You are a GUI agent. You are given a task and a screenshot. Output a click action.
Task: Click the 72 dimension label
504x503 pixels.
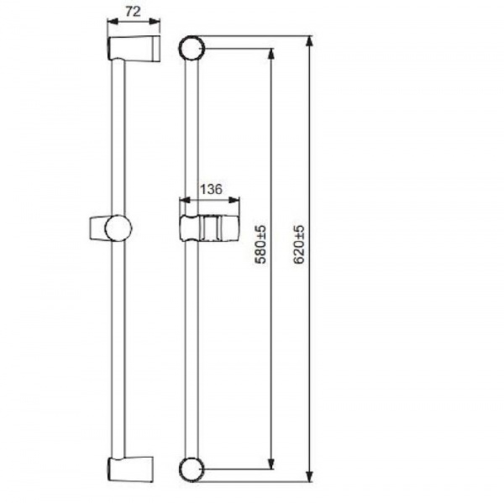[x=133, y=12]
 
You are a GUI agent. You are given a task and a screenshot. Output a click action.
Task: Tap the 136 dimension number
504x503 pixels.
[x=211, y=189]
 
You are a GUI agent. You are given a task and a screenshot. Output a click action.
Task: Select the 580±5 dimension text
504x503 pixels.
[x=260, y=244]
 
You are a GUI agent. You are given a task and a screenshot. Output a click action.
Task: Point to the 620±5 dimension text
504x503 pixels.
[x=298, y=244]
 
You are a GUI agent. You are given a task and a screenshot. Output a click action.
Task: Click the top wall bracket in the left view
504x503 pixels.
[x=133, y=49]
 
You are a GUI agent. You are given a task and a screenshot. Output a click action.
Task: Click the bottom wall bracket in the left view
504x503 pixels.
[x=130, y=469]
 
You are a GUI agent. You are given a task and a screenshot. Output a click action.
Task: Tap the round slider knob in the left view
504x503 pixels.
[x=118, y=228]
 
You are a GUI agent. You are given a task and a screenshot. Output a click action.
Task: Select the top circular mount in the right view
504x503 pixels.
[x=192, y=48]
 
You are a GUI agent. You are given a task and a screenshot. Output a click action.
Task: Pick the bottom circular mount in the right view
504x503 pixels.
[x=192, y=469]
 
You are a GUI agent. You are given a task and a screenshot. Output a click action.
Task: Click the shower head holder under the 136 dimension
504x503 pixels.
[x=209, y=228]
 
